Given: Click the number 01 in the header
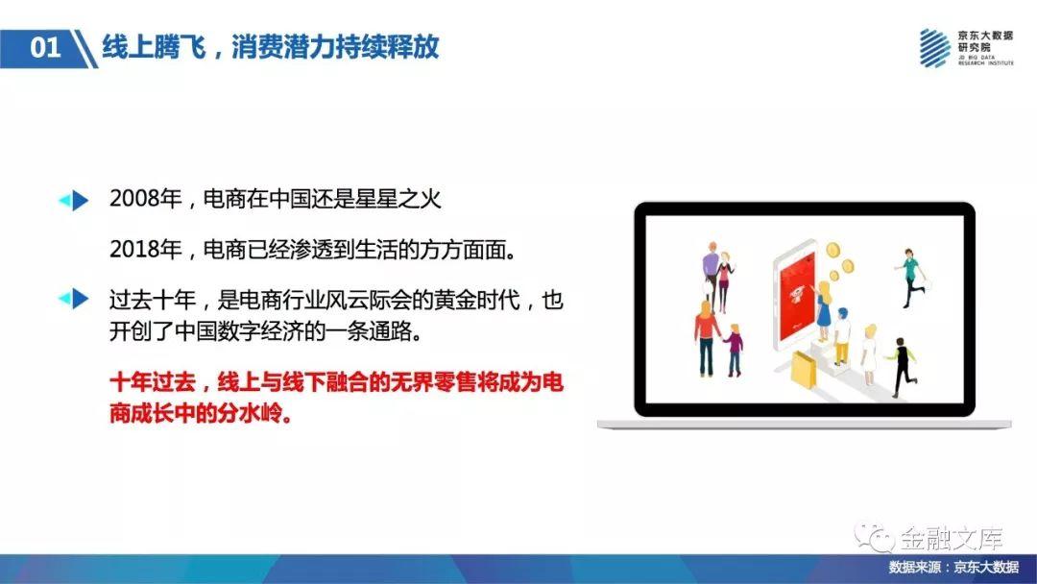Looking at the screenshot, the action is point(45,48).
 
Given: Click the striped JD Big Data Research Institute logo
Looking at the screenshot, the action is point(934,48).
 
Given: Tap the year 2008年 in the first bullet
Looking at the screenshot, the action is point(146,199).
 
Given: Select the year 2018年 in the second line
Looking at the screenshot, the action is point(146,250).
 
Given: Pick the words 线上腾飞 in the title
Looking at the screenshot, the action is point(154,47).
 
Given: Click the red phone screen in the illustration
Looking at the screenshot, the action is point(799,294).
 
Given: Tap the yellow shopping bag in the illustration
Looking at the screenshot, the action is point(804,370).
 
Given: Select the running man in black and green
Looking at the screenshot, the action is point(902,367).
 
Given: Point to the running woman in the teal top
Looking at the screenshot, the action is point(911,278).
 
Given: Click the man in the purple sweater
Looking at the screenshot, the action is point(710,271).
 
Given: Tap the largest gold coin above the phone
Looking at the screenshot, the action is point(832,250).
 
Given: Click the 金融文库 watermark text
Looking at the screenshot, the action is point(952,538).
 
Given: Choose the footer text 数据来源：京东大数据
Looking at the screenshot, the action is point(953,568).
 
